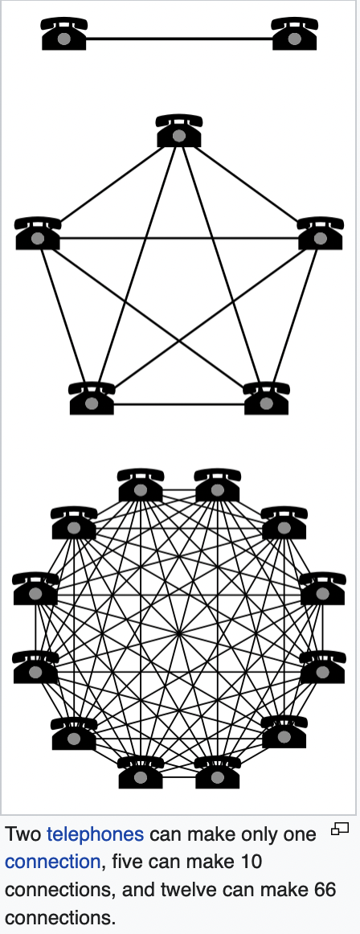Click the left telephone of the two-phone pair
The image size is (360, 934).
pyautogui.click(x=64, y=34)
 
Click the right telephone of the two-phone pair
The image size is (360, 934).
pyautogui.click(x=295, y=34)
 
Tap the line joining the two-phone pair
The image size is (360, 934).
pyautogui.click(x=179, y=39)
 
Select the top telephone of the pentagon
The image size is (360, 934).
pyautogui.click(x=179, y=131)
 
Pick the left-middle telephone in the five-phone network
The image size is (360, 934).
pyautogui.click(x=38, y=233)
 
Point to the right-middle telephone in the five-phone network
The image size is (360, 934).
pyautogui.click(x=320, y=233)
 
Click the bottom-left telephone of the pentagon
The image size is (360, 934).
pyautogui.click(x=92, y=399)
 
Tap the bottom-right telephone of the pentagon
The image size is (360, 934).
pyautogui.click(x=267, y=399)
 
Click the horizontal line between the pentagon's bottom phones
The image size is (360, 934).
pyautogui.click(x=179, y=404)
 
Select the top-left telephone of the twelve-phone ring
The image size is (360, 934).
pyautogui.click(x=141, y=485)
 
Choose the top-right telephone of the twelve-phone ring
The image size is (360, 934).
pyautogui.click(x=218, y=485)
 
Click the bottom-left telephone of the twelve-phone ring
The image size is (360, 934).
pyautogui.click(x=141, y=772)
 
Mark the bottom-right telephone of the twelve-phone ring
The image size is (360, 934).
pyautogui.click(x=218, y=772)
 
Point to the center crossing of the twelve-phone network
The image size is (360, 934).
pyautogui.click(x=179, y=633)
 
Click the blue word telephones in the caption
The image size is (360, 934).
pyautogui.click(x=95, y=834)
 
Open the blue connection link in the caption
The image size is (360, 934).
pyautogui.click(x=52, y=862)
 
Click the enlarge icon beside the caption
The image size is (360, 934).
pyautogui.click(x=340, y=829)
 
